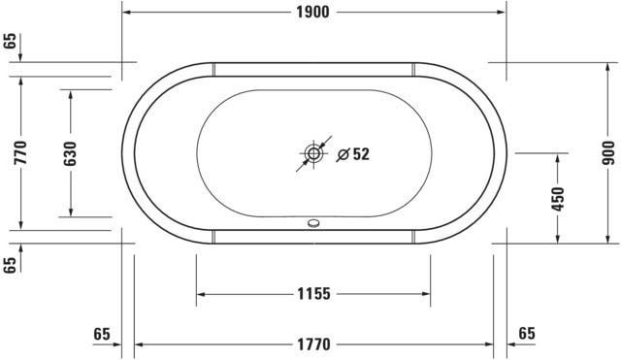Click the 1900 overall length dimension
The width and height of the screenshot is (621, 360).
coord(312,13)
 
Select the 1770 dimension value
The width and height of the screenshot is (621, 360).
coord(313,344)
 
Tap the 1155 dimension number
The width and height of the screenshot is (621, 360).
coord(313,294)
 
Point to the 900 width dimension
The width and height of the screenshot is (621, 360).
coord(608,153)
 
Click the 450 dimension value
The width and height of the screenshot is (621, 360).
coord(558,199)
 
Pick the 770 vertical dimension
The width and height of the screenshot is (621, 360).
coord(20,152)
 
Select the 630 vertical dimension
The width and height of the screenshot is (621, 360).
coord(70,153)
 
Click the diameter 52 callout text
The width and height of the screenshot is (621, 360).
coord(353,154)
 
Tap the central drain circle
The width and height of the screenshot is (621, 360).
coord(313,153)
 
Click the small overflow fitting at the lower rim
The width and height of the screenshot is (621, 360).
coord(313,223)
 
